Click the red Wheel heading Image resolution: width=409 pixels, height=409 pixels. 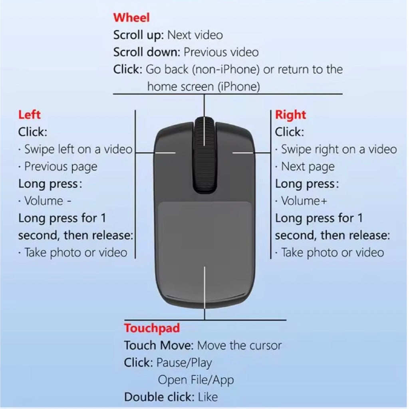coord(131,18)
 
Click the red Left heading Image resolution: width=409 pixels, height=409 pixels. coord(29,115)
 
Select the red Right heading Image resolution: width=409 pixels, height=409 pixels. coord(290,115)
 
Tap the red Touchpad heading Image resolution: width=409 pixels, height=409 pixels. coord(152,328)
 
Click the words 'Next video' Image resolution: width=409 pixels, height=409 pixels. coord(195,35)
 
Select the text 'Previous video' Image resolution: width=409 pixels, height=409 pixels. coord(221,52)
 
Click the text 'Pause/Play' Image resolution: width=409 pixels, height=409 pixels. coord(184,363)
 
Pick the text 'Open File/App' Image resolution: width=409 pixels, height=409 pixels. coord(196,380)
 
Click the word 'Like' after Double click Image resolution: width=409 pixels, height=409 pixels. coord(208,397)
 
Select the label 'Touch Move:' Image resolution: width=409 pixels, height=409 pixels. coord(159,345)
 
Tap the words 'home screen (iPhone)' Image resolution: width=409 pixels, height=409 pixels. coord(203,87)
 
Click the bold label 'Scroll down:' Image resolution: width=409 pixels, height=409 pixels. coord(147,52)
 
